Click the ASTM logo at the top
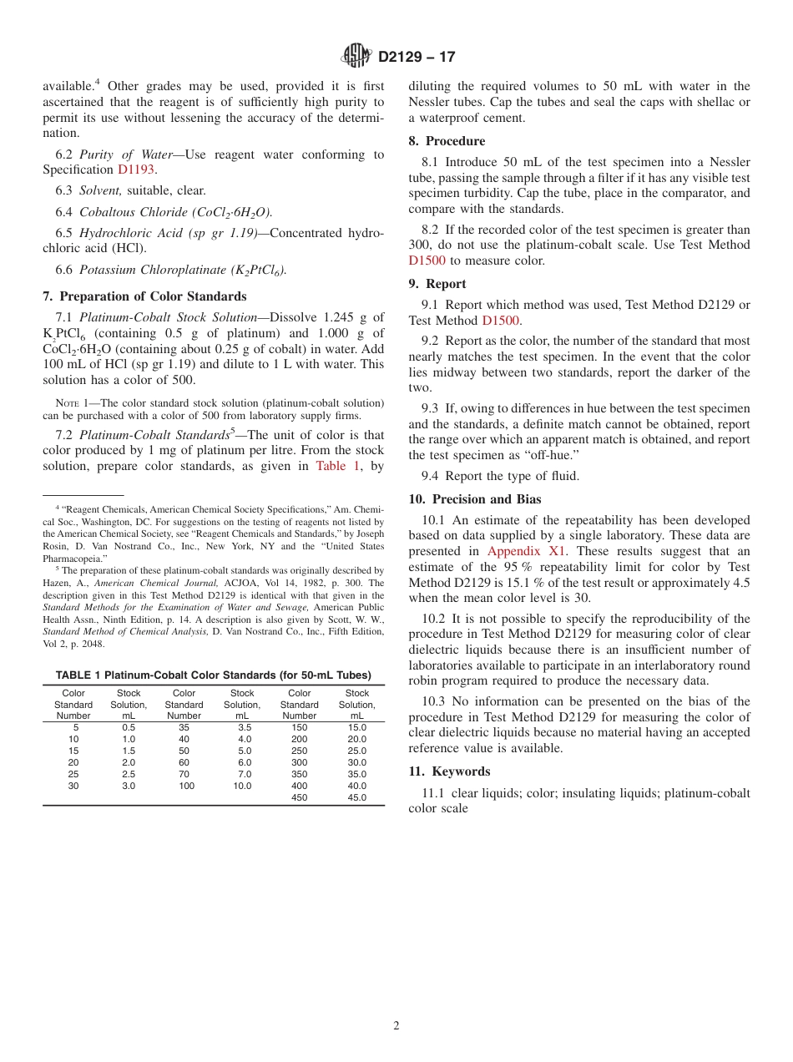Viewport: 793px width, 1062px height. pos(356,56)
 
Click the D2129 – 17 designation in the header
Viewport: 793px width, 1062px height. pos(417,57)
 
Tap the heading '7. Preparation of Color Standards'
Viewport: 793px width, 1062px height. pos(144,296)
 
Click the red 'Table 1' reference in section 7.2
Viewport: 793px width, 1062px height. pos(338,466)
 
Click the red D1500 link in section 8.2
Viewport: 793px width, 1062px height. pos(427,260)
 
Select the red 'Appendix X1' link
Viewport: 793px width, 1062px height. pos(527,551)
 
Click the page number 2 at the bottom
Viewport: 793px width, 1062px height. pos(396,1026)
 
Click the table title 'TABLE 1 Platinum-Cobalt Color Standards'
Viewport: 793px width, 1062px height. pos(213,675)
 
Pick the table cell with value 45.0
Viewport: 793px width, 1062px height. pos(356,797)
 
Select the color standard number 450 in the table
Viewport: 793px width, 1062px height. pos(299,797)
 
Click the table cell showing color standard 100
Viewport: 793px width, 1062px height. pos(184,786)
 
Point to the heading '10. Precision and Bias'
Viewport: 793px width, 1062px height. pos(475,499)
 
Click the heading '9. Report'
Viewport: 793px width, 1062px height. pos(437,284)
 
